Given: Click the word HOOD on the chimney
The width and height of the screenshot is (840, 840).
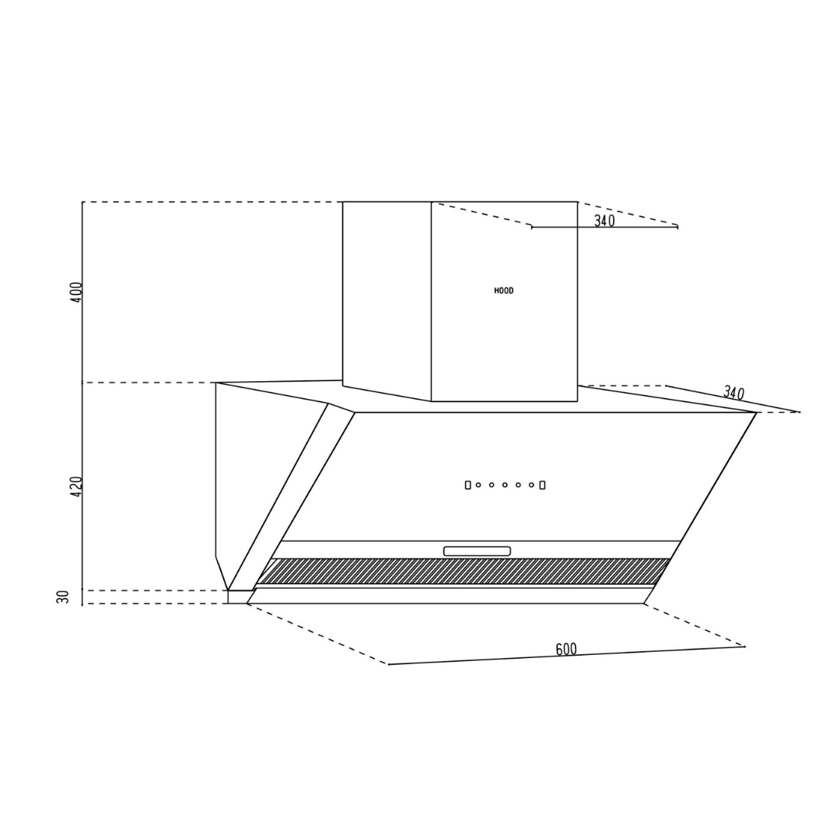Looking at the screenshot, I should coord(504,291).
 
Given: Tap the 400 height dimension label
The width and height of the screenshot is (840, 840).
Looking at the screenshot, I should coord(76,292).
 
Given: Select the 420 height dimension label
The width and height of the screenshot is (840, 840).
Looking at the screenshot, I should coord(76,486).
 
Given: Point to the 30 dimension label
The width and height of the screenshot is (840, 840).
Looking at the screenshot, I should coord(64,597).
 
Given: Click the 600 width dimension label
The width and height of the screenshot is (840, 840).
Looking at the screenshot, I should coord(566,649).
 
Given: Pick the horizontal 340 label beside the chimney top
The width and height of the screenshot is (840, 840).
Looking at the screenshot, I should coord(604,221).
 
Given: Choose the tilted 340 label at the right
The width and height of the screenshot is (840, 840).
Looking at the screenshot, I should coord(733,393).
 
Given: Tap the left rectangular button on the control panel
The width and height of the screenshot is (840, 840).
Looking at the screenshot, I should coord(467,485).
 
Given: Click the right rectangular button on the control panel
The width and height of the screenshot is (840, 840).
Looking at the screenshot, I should coord(542,485).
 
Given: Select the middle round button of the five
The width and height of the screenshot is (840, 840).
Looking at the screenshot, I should coord(505,485).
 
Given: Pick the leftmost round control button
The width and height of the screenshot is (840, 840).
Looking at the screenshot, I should coord(478,485).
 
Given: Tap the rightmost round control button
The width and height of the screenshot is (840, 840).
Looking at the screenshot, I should coord(531,485).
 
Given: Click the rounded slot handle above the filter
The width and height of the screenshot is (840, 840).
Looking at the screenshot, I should coord(477,551).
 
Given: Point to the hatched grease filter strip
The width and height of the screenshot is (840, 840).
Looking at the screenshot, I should coord(462,571).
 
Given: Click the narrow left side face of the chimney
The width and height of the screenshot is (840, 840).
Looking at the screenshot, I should coord(387,299).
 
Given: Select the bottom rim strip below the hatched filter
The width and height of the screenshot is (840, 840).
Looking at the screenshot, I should coord(451,595).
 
